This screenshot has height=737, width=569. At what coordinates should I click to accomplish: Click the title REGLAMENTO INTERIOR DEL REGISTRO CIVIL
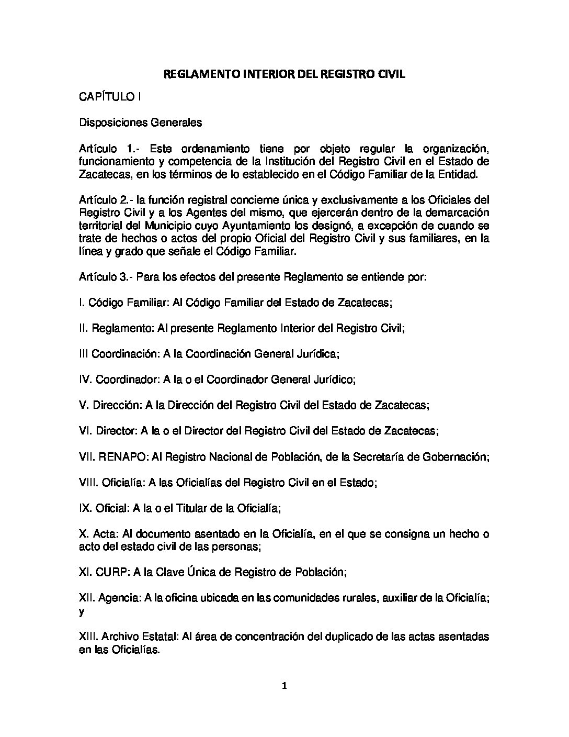pyautogui.click(x=284, y=74)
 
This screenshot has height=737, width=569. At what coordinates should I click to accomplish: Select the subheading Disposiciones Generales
pyautogui.click(x=140, y=123)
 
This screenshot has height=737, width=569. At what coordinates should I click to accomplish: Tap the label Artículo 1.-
pyautogui.click(x=107, y=148)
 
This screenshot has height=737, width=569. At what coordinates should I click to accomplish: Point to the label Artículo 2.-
pyautogui.click(x=106, y=200)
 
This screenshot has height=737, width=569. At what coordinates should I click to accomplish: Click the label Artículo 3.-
pyautogui.click(x=106, y=277)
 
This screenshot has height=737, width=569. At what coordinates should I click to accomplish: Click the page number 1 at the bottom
pyautogui.click(x=284, y=686)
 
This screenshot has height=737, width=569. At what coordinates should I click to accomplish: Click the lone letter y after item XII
pyautogui.click(x=81, y=611)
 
